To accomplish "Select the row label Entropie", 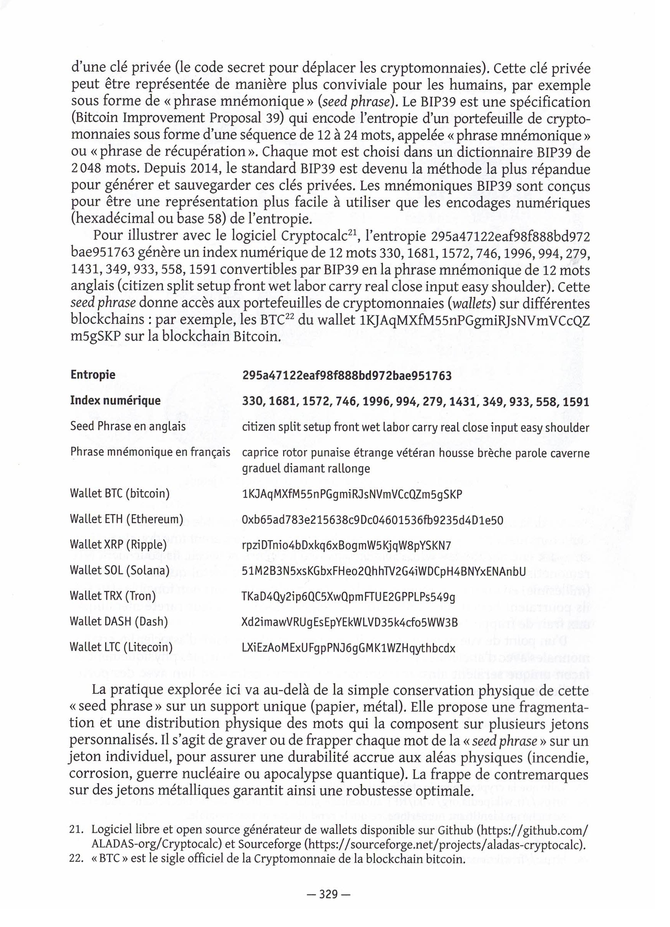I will click(x=93, y=375).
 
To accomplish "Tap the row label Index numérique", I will click(x=115, y=400).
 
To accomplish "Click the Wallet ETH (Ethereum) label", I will click(x=126, y=519).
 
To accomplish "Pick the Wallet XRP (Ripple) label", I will click(x=118, y=545).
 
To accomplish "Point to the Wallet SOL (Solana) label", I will click(x=119, y=570).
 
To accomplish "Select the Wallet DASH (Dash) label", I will click(x=119, y=621).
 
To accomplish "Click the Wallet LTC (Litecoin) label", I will click(x=121, y=647).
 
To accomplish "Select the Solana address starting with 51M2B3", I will click(x=384, y=571).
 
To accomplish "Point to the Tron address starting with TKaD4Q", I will click(x=349, y=597).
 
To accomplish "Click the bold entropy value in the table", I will click(x=347, y=375).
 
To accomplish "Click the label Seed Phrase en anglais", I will click(x=128, y=426).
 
